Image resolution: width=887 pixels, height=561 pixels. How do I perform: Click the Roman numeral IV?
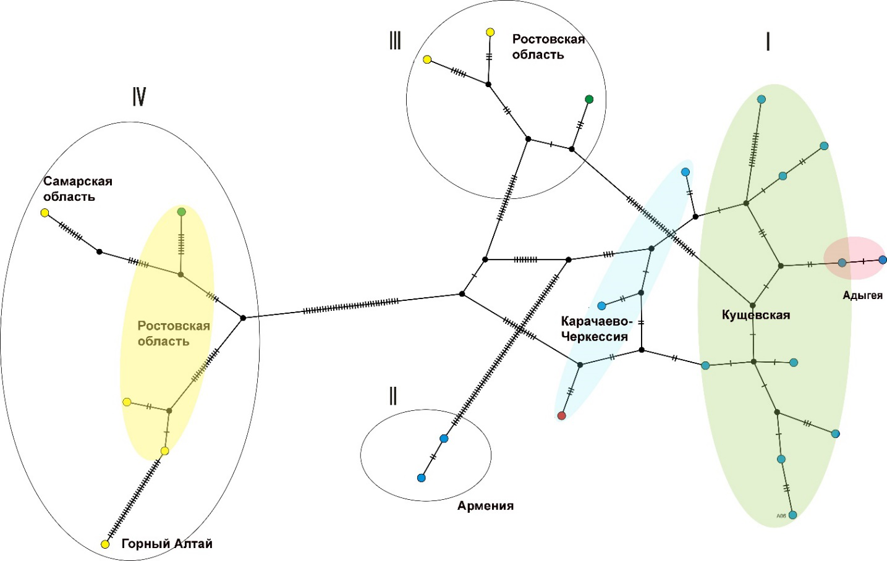pyautogui.click(x=139, y=97)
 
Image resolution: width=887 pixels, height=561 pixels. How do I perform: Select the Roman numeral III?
pyautogui.click(x=395, y=41)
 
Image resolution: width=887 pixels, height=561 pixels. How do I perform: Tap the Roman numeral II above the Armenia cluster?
pyautogui.click(x=393, y=396)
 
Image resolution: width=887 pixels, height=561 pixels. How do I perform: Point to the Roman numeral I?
pyautogui.click(x=768, y=41)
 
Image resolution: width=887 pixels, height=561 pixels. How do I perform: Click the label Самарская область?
pyautogui.click(x=77, y=188)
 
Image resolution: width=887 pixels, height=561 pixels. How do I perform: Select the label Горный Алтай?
pyautogui.click(x=167, y=544)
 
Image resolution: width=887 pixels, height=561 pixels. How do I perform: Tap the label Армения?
pyautogui.click(x=485, y=506)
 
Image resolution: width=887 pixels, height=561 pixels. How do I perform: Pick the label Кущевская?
pyautogui.click(x=756, y=315)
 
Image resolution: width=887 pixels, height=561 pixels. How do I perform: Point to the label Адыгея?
pyautogui.click(x=862, y=295)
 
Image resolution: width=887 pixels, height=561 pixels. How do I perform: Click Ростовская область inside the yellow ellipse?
pyautogui.click(x=173, y=334)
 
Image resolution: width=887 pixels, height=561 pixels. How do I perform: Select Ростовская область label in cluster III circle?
pyautogui.click(x=548, y=46)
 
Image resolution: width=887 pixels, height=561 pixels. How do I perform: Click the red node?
pyautogui.click(x=561, y=416)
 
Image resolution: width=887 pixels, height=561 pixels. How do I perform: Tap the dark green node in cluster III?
pyautogui.click(x=589, y=99)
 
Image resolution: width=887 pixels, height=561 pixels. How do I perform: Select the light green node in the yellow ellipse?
pyautogui.click(x=181, y=212)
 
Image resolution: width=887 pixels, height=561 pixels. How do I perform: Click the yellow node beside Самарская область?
pyautogui.click(x=45, y=213)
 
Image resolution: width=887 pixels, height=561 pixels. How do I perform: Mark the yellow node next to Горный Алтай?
pyautogui.click(x=105, y=544)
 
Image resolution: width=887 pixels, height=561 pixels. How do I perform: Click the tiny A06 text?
pyautogui.click(x=781, y=515)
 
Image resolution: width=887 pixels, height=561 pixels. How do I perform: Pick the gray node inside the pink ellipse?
pyautogui.click(x=842, y=263)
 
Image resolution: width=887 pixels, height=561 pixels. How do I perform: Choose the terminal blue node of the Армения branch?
pyautogui.click(x=422, y=478)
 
